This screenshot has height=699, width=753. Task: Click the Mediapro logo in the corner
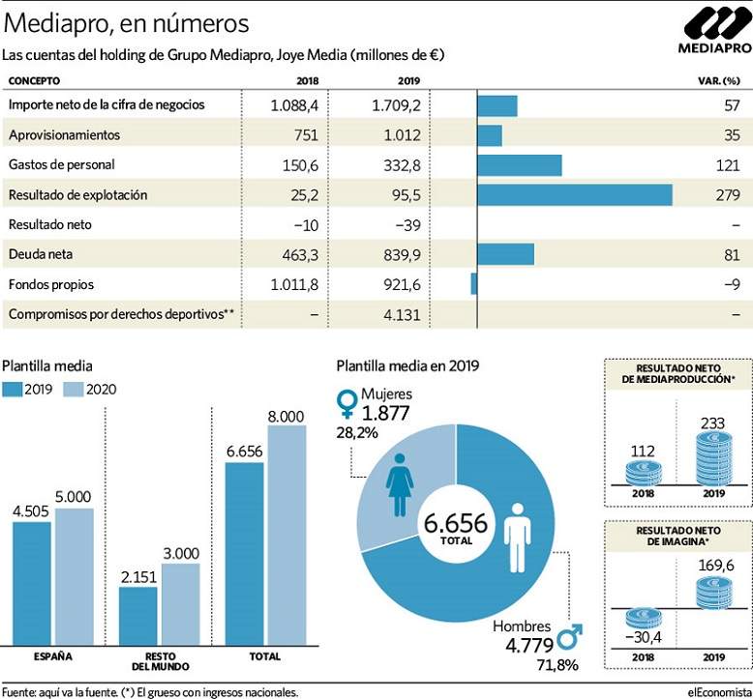[715, 31]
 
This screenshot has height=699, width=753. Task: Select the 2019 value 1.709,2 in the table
[396, 105]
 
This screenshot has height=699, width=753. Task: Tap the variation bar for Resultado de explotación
[575, 194]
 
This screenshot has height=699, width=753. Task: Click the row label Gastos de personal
[62, 164]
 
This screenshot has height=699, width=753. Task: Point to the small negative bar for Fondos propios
[474, 283]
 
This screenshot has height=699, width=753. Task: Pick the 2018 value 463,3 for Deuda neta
[300, 254]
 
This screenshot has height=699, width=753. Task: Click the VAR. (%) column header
[719, 80]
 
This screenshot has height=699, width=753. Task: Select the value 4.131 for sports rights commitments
[402, 315]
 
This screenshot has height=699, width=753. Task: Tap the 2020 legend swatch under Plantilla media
[74, 389]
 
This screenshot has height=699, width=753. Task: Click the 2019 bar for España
[32, 583]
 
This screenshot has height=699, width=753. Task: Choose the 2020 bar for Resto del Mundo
[181, 604]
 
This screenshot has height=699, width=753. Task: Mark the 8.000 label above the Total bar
[286, 417]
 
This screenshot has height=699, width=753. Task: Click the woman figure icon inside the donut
[400, 484]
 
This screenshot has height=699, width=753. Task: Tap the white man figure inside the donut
[517, 538]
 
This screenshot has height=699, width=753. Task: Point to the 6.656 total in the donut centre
[456, 523]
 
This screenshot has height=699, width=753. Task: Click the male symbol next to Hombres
[570, 636]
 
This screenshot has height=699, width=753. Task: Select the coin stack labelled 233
[714, 457]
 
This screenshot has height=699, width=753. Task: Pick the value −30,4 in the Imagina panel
[643, 637]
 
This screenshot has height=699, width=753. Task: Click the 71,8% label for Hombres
[557, 665]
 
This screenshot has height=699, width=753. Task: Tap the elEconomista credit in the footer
[719, 692]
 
